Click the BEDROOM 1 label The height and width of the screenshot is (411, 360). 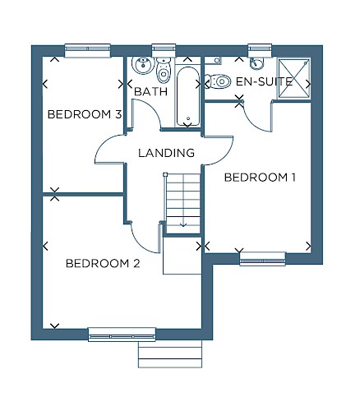coord(260,178)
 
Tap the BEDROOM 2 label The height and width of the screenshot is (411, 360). coord(103,263)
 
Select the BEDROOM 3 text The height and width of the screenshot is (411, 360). coord(85,114)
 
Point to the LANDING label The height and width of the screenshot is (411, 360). coord(166,153)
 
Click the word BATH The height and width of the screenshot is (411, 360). coord(151,91)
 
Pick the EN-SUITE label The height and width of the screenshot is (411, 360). coord(265,81)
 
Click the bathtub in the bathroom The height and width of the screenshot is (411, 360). coord(187,96)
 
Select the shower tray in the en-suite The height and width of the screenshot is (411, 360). coord(294,77)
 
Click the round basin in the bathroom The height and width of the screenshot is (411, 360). coord(142,65)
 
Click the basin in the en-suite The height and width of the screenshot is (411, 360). coord(256,63)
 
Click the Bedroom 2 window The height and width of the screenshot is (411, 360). coord(122,335)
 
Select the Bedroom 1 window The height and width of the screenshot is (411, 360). coord(263,259)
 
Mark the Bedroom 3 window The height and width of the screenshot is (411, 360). coord(88,51)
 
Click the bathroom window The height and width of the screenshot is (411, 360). coord(164,51)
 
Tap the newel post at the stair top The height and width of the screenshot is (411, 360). coord(165,174)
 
